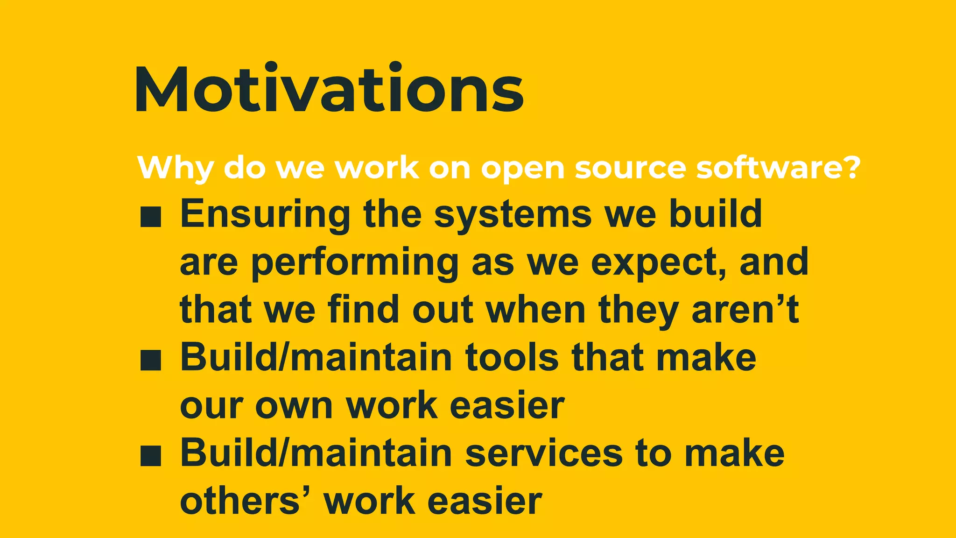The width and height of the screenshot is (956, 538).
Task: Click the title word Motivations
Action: click(x=329, y=90)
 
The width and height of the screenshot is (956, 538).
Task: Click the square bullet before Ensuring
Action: click(x=151, y=218)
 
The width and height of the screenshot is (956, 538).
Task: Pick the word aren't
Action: click(x=745, y=310)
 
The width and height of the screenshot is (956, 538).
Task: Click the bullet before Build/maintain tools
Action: click(x=151, y=361)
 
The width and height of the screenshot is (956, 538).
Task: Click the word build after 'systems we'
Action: click(x=715, y=214)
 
